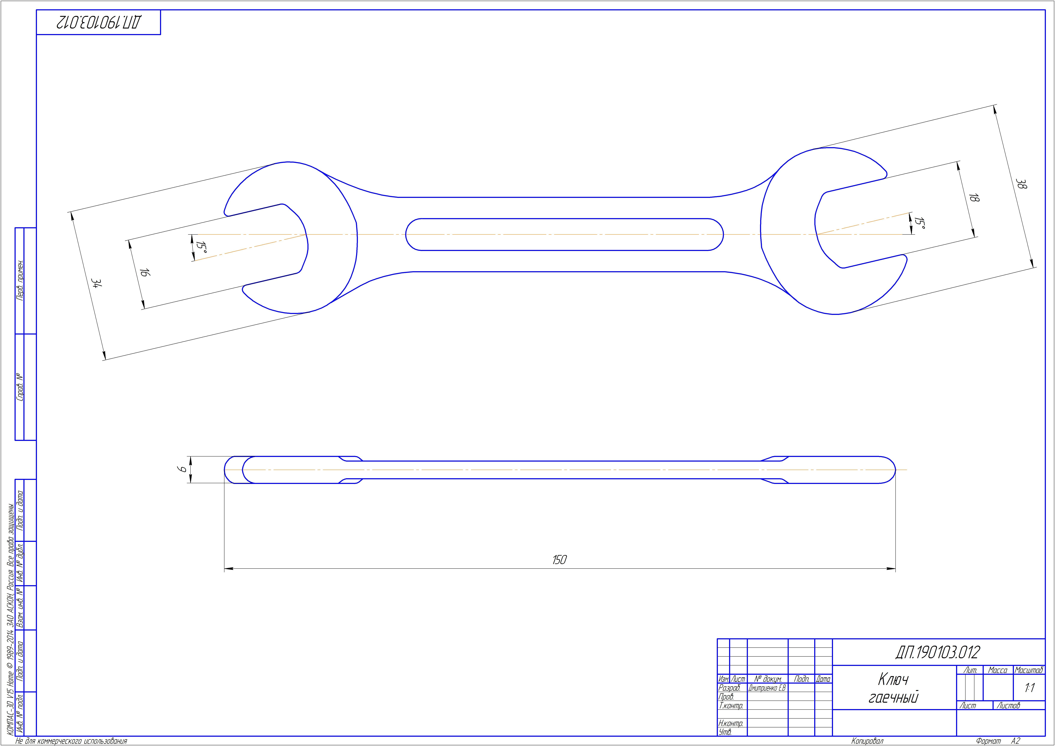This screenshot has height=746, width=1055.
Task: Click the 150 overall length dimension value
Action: pos(559,560)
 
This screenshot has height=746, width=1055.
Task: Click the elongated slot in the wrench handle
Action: pos(565,235)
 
